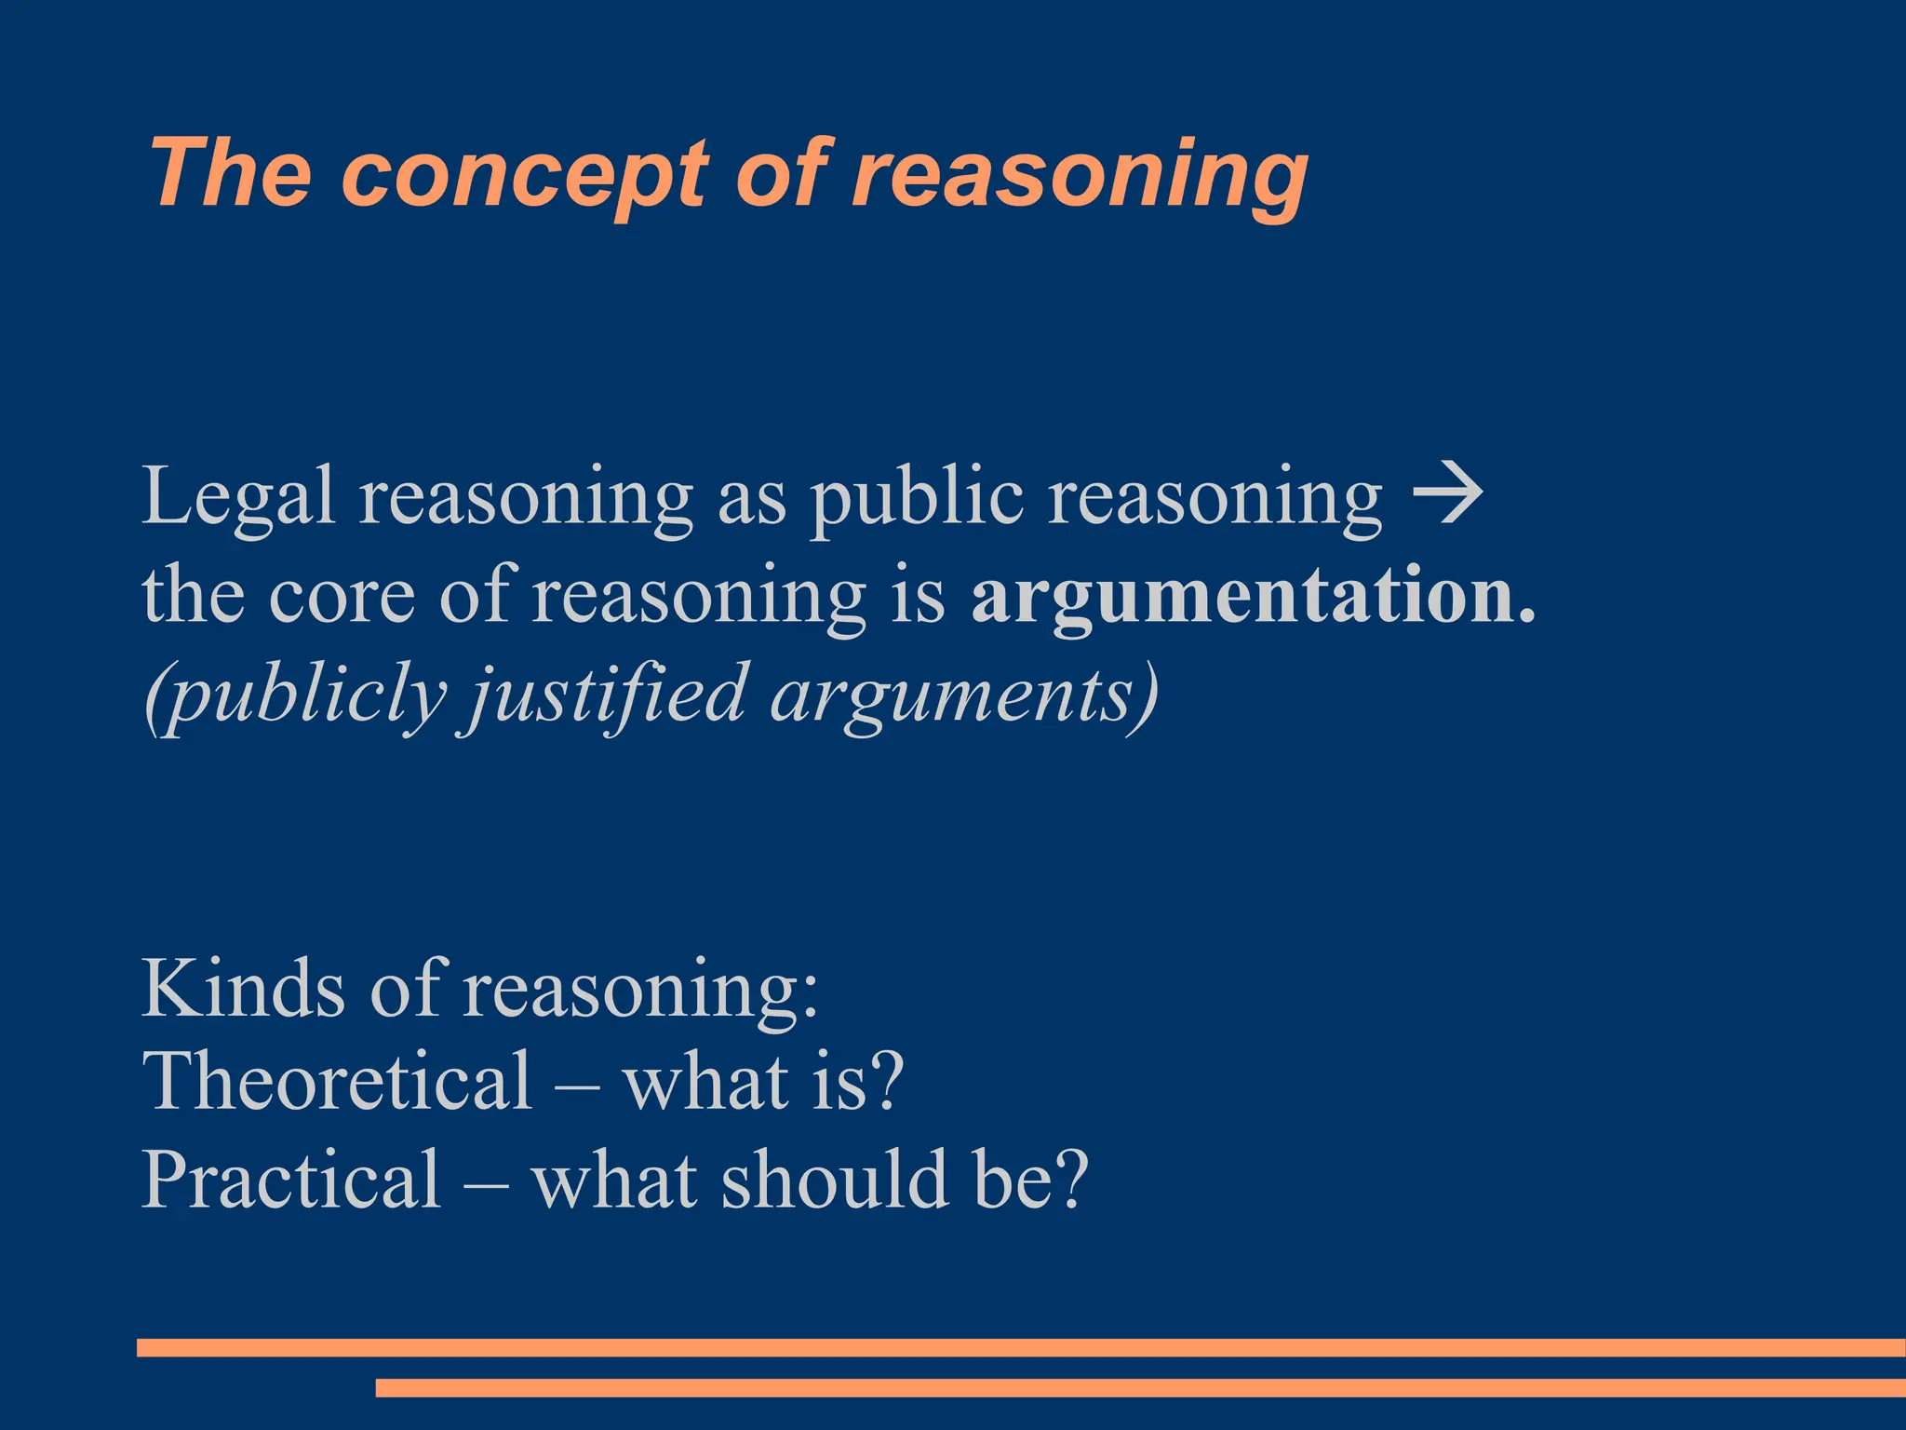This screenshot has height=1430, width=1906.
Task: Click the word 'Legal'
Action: [x=237, y=498]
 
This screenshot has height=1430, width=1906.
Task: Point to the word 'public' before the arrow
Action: [x=916, y=498]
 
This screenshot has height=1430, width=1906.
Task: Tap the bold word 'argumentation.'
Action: [x=1253, y=598]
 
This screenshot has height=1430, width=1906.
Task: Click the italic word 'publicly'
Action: [x=296, y=696]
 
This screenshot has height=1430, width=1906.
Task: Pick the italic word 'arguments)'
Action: [x=964, y=696]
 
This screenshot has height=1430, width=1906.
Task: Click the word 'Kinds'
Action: [x=244, y=989]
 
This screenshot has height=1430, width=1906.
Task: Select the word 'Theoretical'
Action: [x=337, y=1082]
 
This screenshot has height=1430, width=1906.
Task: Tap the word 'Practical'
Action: [x=291, y=1180]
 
